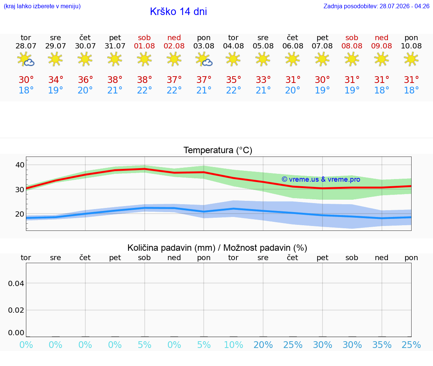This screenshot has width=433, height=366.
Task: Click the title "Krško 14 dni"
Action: (179, 12)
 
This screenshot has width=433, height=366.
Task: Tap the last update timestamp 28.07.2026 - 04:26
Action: (404, 6)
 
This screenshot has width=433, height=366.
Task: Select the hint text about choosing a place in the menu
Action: (42, 6)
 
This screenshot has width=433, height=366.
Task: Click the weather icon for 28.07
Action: (26, 59)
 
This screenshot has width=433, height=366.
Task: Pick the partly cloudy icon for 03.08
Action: (204, 59)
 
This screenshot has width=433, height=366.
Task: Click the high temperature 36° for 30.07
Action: (85, 80)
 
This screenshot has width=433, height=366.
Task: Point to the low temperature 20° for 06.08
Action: (293, 90)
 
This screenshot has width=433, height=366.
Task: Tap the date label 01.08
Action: (144, 46)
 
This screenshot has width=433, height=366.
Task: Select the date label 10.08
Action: (411, 46)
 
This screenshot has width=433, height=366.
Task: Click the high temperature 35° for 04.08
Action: (234, 80)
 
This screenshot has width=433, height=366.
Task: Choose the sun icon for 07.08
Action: (322, 59)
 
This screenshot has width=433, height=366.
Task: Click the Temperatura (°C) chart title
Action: (218, 150)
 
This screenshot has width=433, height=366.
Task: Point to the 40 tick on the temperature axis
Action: (20, 165)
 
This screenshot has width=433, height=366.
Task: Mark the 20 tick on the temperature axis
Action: (20, 214)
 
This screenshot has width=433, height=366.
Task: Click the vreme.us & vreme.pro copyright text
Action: (321, 179)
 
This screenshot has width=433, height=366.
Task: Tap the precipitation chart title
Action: (217, 248)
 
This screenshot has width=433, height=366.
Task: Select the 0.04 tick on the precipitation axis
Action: (16, 283)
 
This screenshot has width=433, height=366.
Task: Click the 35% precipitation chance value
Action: (382, 345)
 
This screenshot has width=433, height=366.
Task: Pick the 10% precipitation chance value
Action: (234, 345)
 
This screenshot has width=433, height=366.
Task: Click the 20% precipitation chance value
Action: (263, 345)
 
